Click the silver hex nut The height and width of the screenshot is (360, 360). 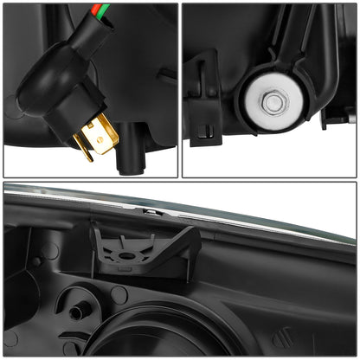pyautogui.click(x=273, y=102)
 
